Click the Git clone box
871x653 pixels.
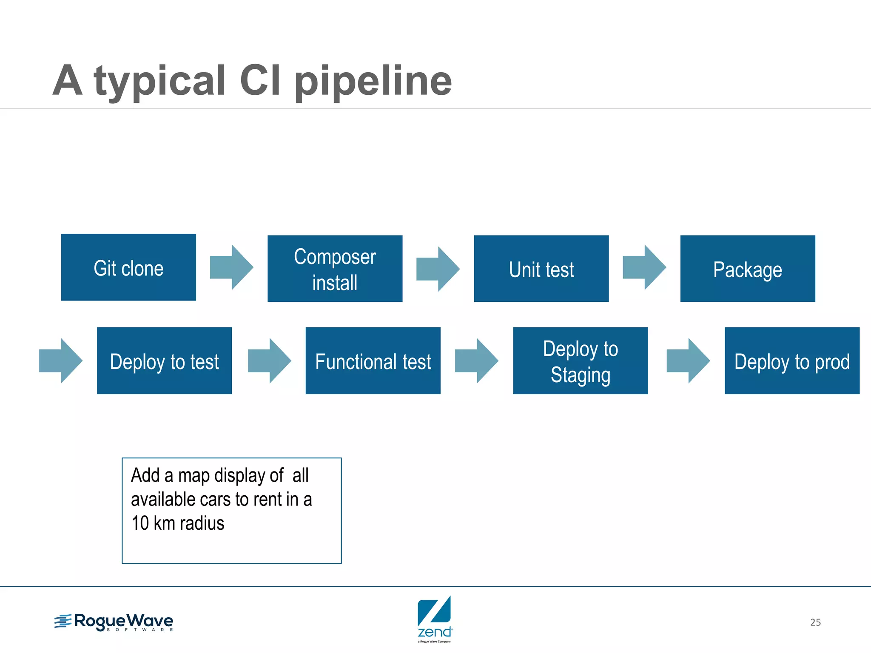click(128, 267)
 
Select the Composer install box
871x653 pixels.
click(335, 269)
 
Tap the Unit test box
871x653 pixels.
click(541, 269)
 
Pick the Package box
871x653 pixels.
click(747, 269)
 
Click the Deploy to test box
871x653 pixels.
click(164, 361)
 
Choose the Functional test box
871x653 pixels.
click(373, 361)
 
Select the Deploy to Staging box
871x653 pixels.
click(580, 361)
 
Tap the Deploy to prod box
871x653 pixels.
click(791, 361)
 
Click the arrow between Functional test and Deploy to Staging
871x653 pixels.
click(476, 361)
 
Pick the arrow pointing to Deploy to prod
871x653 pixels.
click(688, 361)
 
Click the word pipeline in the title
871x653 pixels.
click(373, 82)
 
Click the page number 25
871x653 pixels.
click(815, 622)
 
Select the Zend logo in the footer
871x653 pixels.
click(434, 619)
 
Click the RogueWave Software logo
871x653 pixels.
click(114, 622)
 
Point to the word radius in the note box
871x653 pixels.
click(202, 523)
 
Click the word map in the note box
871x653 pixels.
click(194, 476)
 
